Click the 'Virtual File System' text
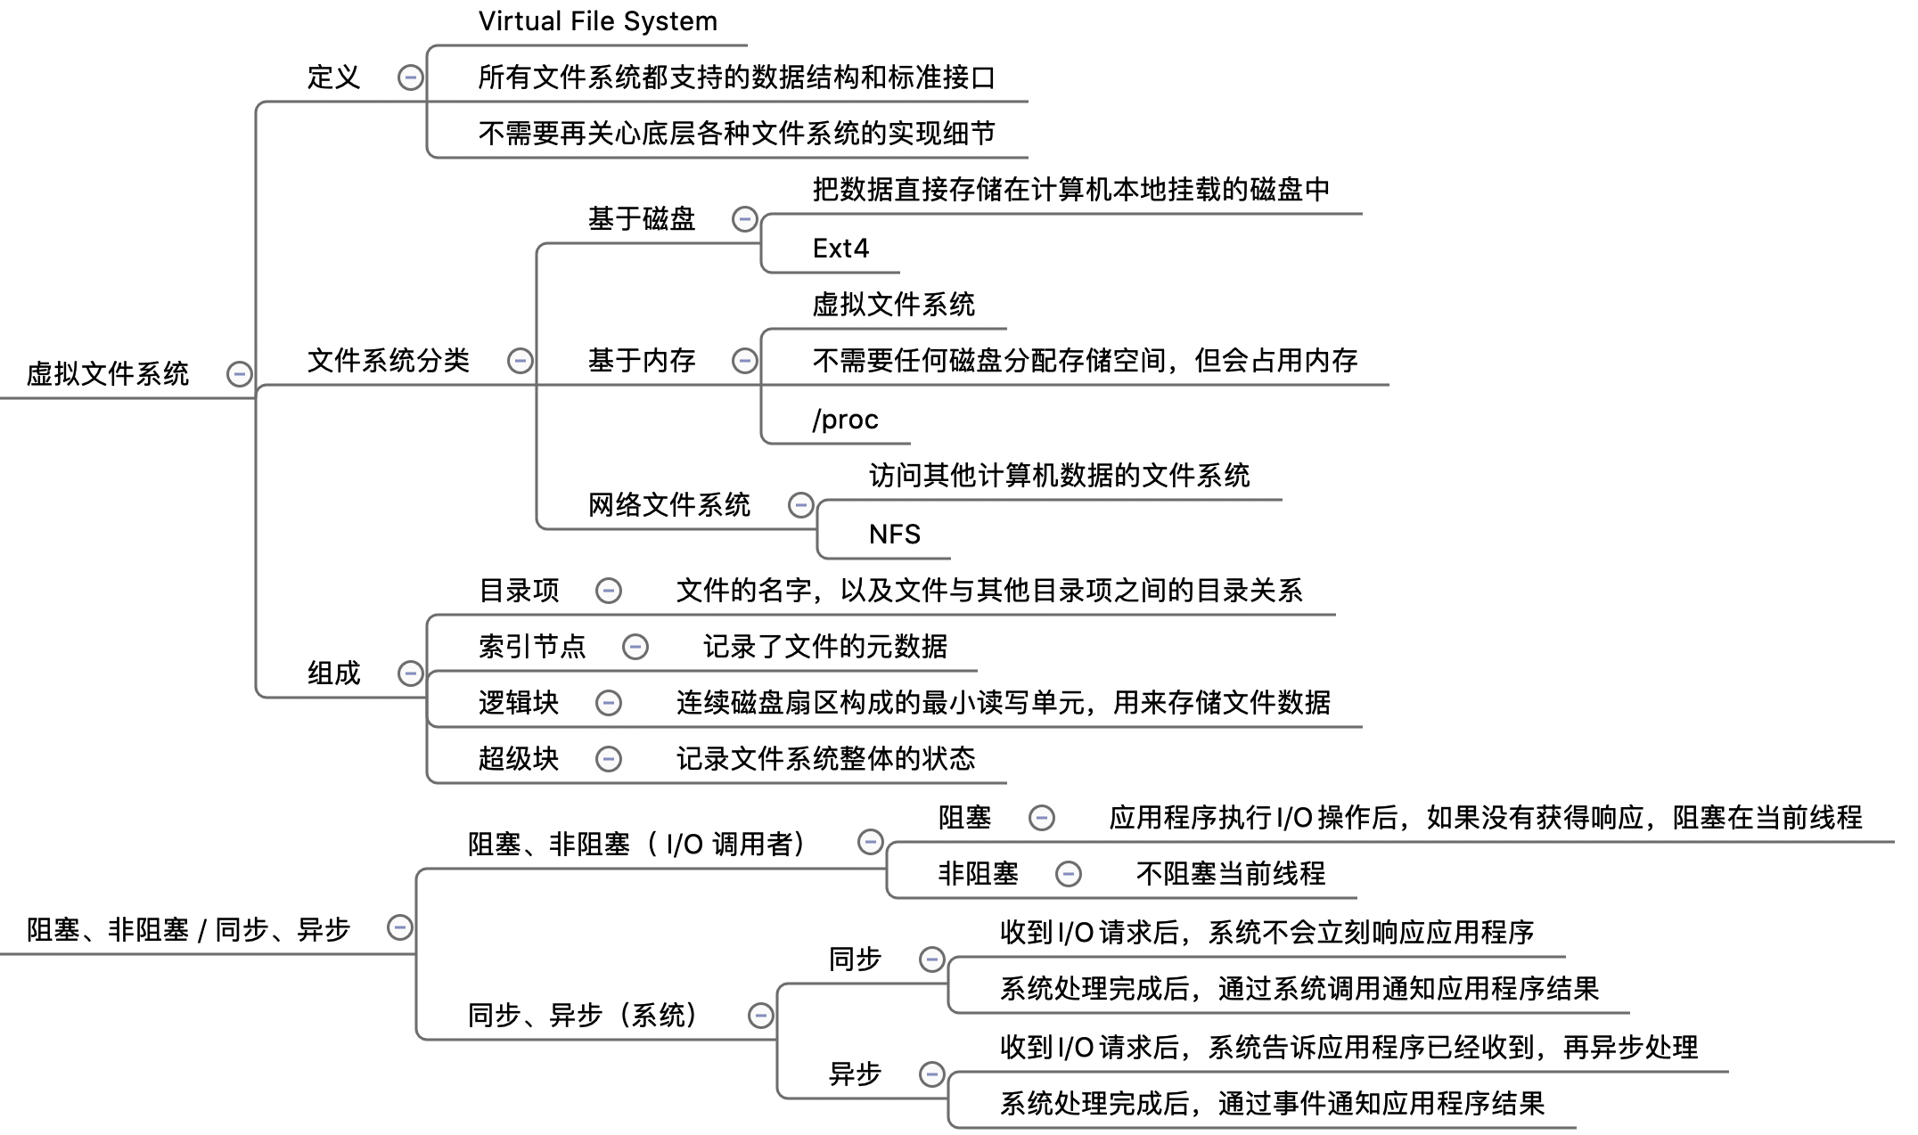pyautogui.click(x=597, y=21)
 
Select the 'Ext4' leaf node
pyautogui.click(x=840, y=248)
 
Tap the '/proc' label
pyautogui.click(x=845, y=419)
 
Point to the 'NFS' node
pyautogui.click(x=894, y=534)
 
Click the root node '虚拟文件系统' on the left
pyautogui.click(x=108, y=373)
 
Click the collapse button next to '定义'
pyautogui.click(x=410, y=78)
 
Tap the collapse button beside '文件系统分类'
pyautogui.click(x=520, y=361)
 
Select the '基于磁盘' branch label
pyautogui.click(x=642, y=218)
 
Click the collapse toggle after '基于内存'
pyautogui.click(x=744, y=361)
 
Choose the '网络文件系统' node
pyautogui.click(x=669, y=505)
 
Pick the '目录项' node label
pyautogui.click(x=520, y=590)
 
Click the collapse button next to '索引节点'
pyautogui.click(x=635, y=647)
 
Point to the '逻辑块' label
pyautogui.click(x=519, y=703)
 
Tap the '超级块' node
pyautogui.click(x=519, y=758)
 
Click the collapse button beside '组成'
pyautogui.click(x=410, y=673)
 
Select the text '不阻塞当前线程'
pyautogui.click(x=1231, y=873)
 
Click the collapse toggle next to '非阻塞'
pyautogui.click(x=1068, y=874)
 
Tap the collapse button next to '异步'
pyautogui.click(x=931, y=1074)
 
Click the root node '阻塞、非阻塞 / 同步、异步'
pyautogui.click(x=188, y=930)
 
